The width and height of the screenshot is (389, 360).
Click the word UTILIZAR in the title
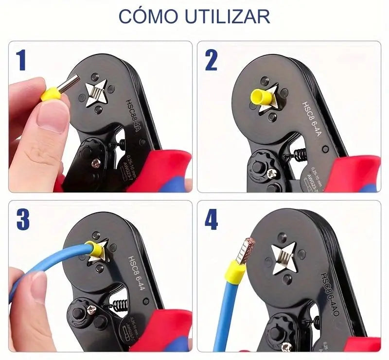(x=228, y=16)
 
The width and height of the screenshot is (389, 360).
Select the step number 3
(x=23, y=219)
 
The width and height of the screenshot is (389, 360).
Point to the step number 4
(x=211, y=220)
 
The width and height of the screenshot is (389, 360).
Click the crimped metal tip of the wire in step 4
(x=248, y=248)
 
